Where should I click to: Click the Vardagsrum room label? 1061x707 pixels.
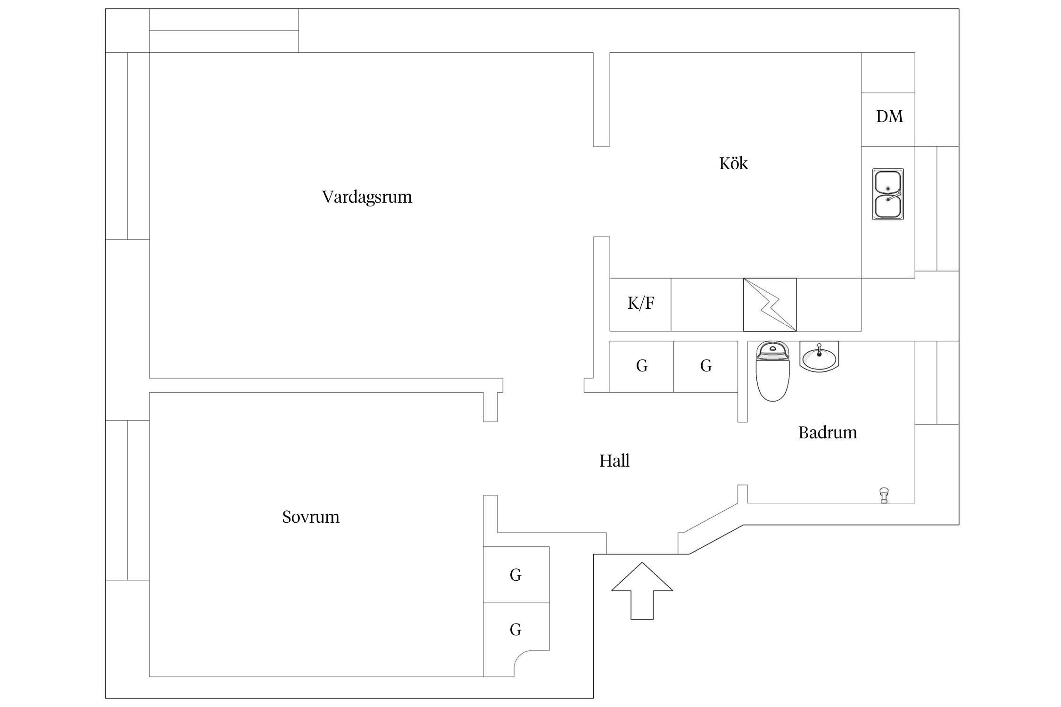367,197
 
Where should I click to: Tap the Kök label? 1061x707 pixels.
733,164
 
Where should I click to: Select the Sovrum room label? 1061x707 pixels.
311,517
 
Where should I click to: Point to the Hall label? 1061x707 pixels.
614,460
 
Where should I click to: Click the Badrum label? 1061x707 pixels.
827,432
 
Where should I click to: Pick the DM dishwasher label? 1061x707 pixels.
889,116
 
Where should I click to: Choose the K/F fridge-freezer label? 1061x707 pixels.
641,303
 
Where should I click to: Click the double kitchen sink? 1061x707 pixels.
888,194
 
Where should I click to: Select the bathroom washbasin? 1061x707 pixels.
819,357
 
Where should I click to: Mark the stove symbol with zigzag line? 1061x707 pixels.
770,305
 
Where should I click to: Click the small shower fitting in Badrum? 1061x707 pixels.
884,495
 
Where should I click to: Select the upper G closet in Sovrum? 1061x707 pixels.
516,575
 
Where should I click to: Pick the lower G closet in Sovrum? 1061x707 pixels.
516,630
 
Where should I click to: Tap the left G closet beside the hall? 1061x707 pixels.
642,366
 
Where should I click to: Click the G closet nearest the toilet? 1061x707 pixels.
706,366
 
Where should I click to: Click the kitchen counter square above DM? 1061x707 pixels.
888,73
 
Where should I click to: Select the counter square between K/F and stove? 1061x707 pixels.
707,305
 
